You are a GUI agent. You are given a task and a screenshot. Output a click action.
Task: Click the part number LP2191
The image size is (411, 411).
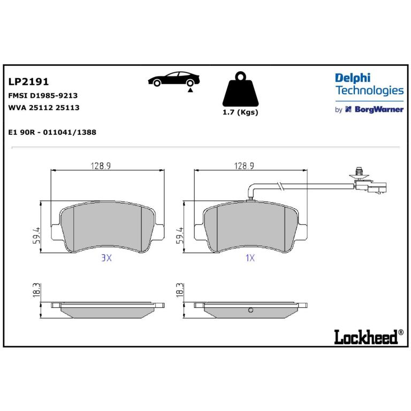28,81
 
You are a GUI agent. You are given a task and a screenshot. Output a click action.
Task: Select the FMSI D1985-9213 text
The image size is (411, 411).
43,95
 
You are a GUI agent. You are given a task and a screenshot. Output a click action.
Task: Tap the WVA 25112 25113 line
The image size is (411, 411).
44,108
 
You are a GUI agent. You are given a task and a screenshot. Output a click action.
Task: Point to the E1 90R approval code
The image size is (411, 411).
52,132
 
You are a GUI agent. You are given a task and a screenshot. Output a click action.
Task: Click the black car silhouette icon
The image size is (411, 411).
174,79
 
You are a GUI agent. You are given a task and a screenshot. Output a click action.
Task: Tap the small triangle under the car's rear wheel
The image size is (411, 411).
191,90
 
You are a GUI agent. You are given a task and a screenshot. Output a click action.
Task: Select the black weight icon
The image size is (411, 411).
240,89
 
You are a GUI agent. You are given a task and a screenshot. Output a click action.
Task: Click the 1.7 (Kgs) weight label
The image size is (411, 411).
240,112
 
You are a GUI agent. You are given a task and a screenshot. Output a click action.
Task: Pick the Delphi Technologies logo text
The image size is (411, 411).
369,85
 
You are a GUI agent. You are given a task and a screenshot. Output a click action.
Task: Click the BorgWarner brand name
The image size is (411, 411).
379,109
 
